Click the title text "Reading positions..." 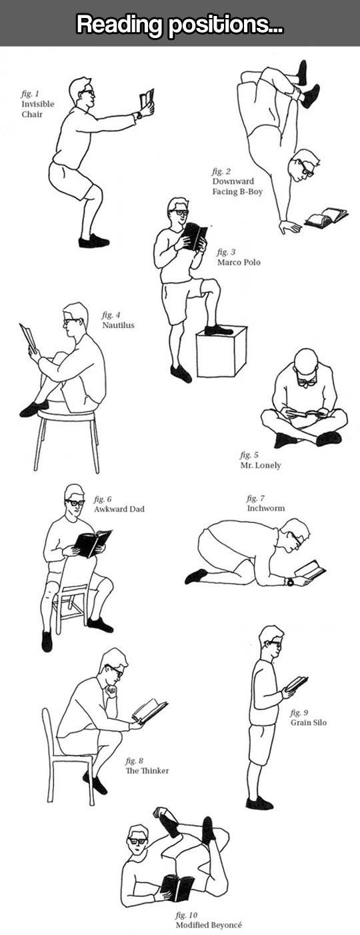[179, 24]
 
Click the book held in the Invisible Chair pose [146, 99]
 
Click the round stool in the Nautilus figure [67, 415]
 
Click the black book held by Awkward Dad [91, 543]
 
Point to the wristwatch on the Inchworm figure [290, 582]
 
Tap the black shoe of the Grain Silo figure [259, 803]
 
